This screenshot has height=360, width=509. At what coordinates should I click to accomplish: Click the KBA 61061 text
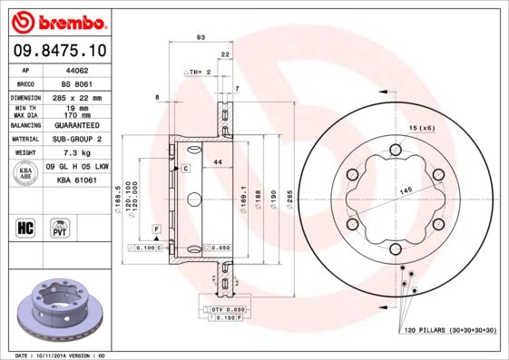[x=77, y=180]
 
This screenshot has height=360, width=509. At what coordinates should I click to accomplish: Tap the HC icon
[x=26, y=226]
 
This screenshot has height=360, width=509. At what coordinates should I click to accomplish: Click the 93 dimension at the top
[x=200, y=37]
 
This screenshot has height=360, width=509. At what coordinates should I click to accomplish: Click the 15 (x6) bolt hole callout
[x=421, y=129]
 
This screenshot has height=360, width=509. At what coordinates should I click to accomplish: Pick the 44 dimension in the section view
[x=218, y=161]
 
